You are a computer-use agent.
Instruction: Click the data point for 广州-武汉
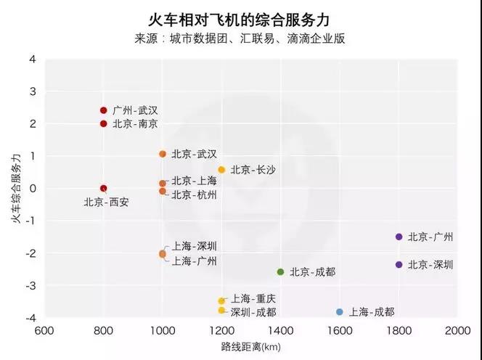pos(104,110)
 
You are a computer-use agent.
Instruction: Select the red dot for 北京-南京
pos(104,123)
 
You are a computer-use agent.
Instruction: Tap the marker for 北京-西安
pos(104,189)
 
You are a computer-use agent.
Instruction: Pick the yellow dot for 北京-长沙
pos(221,170)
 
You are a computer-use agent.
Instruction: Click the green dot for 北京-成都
pos(280,272)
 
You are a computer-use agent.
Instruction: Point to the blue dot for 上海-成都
pos(340,312)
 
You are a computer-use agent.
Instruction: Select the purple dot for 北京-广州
pos(399,237)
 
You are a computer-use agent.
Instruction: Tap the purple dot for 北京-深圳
pos(399,264)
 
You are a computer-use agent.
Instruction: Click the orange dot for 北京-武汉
pos(163,154)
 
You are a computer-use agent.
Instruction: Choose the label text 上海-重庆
pos(253,299)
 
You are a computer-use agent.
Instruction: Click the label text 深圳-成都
pos(253,312)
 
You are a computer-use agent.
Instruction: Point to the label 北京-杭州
pos(194,195)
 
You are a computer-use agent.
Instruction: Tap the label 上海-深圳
pos(194,247)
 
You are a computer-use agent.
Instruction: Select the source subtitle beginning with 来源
pos(240,38)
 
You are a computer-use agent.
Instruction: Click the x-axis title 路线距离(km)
pos(251,348)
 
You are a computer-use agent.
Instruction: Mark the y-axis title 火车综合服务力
pos(15,189)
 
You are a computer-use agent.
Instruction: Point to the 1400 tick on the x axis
pos(280,330)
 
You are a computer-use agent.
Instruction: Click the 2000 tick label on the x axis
pos(457,330)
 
